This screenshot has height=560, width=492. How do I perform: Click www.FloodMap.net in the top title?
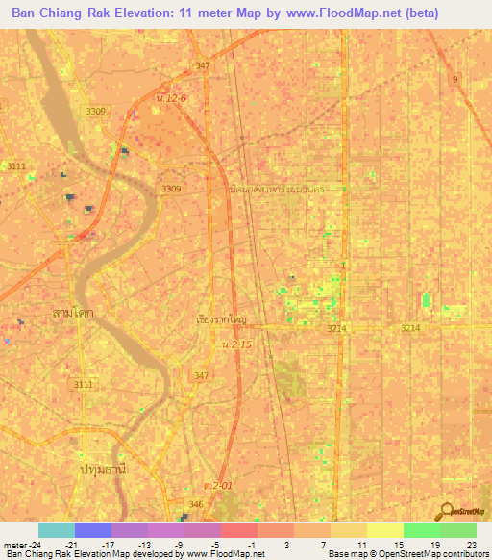tap(340, 13)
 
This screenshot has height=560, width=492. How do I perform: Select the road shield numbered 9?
tap(455, 77)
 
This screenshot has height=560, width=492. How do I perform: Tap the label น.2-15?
tap(234, 344)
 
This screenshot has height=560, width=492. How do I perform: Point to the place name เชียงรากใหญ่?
tap(221, 318)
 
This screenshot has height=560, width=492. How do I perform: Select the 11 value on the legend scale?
tap(361, 545)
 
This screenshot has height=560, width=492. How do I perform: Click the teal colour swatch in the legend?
tap(57, 530)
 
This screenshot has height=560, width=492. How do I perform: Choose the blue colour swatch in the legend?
tap(93, 530)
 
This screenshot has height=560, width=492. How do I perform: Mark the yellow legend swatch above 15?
tap(385, 530)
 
